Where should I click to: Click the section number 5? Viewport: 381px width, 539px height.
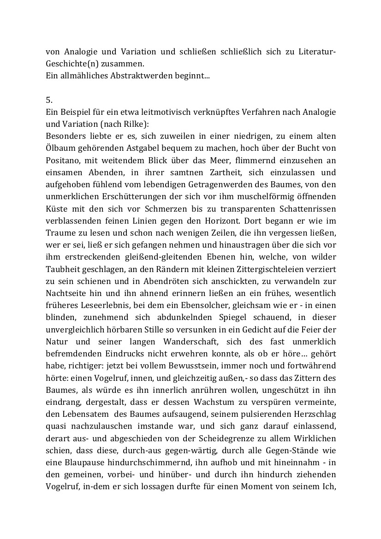(48, 99)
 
